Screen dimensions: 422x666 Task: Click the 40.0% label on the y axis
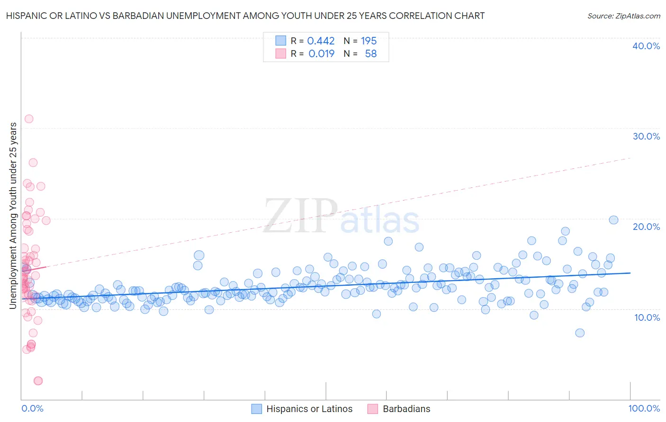click(x=646, y=46)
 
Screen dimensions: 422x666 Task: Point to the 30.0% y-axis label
click(x=646, y=136)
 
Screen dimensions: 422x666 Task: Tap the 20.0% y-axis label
click(x=646, y=227)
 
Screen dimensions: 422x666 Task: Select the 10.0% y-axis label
click(x=646, y=317)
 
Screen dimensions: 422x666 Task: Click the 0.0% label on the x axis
click(x=32, y=408)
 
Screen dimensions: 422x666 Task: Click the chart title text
click(x=245, y=16)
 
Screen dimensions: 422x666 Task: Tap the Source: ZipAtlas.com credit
click(x=623, y=16)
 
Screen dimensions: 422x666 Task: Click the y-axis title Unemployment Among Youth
click(x=13, y=216)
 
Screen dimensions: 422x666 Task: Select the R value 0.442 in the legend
click(x=321, y=41)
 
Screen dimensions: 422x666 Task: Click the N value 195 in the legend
click(x=369, y=41)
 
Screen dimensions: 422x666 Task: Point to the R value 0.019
click(x=321, y=53)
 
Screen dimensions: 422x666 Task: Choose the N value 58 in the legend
click(x=370, y=53)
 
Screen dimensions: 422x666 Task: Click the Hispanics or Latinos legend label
click(x=309, y=409)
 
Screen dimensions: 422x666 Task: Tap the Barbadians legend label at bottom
click(x=406, y=409)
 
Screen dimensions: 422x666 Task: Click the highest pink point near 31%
click(x=29, y=119)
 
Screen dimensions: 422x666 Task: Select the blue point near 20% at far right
click(x=613, y=220)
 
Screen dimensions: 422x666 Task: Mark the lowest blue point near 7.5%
click(x=580, y=333)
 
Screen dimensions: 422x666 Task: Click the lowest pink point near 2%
click(x=38, y=381)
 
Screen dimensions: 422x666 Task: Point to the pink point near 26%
click(x=33, y=162)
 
